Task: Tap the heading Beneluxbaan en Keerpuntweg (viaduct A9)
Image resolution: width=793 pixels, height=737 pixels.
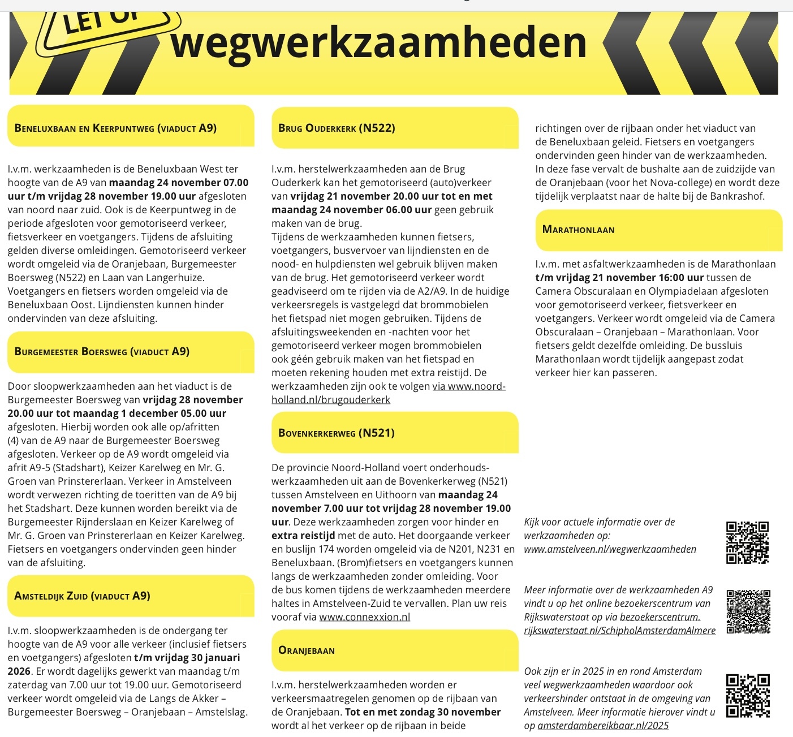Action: [x=115, y=128]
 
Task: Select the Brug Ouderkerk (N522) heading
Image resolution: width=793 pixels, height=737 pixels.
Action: [x=337, y=128]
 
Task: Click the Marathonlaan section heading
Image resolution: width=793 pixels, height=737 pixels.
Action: [x=578, y=229]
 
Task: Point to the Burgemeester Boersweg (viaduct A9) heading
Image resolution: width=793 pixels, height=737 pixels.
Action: [x=102, y=351]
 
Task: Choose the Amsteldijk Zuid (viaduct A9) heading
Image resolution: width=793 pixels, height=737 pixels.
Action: [x=82, y=596]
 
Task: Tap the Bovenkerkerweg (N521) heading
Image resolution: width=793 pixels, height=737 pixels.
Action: [x=336, y=433]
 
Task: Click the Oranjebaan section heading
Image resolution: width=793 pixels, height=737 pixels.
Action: [x=307, y=650]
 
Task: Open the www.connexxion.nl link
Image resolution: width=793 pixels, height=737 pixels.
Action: [x=364, y=617]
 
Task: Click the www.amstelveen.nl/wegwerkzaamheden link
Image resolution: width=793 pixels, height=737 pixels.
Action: [x=610, y=549]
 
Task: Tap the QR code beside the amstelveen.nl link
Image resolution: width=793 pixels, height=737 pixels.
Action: [x=747, y=542]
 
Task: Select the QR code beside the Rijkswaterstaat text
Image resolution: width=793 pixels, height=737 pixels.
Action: [x=748, y=611]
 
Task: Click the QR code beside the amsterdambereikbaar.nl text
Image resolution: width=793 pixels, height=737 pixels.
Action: [x=747, y=696]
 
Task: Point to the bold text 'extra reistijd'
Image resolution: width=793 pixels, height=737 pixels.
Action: [x=303, y=536]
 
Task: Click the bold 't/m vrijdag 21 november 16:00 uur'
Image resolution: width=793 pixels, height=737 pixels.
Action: [x=619, y=278]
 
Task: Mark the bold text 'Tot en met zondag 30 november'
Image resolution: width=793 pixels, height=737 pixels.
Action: [x=423, y=712]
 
